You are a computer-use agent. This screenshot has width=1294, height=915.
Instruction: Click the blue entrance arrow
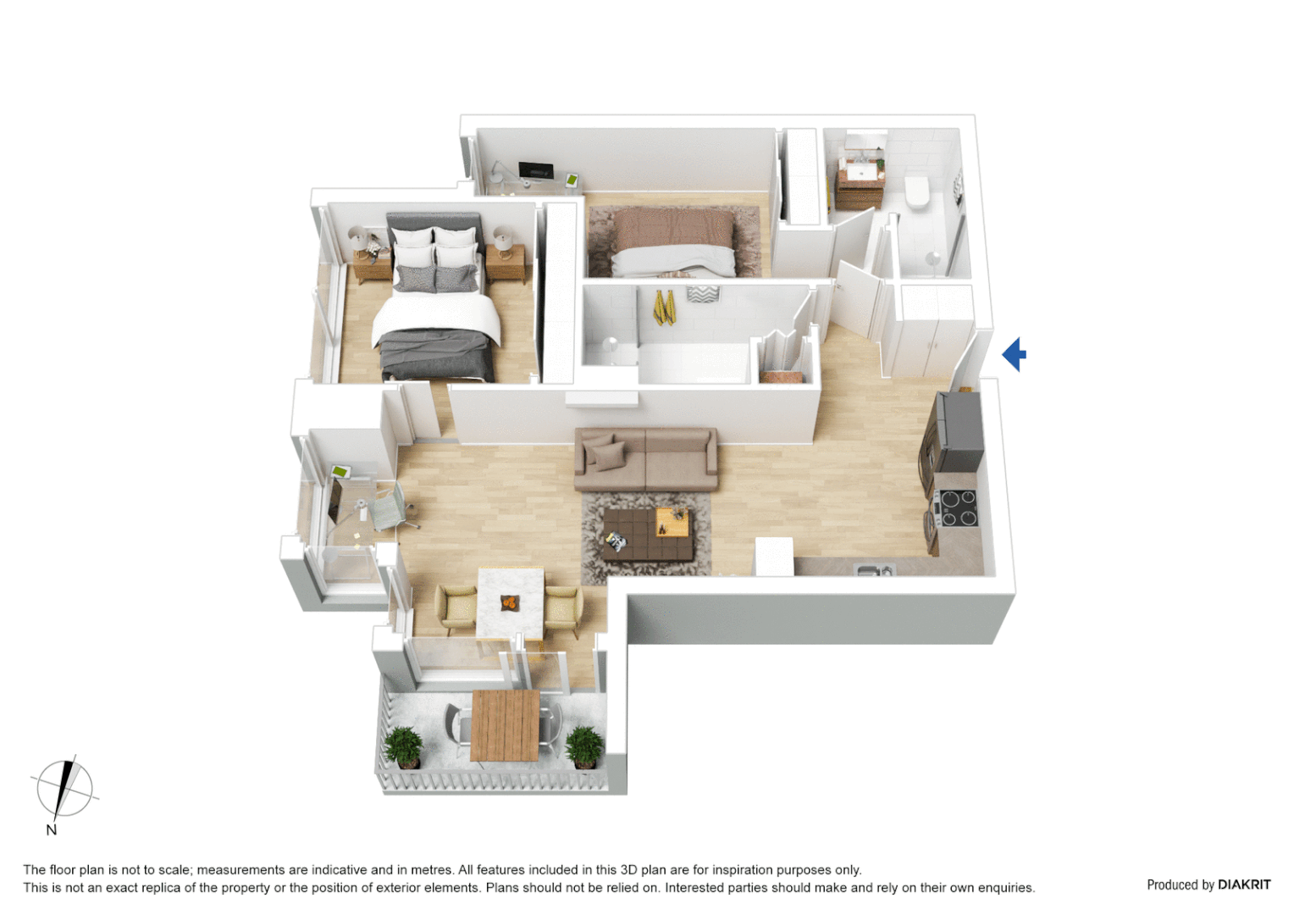coord(1015,354)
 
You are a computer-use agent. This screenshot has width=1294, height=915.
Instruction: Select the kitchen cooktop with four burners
coord(958,508)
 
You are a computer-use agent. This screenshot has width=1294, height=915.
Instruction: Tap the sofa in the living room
coord(645,459)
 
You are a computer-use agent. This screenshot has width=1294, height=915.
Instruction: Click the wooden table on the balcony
coord(505,725)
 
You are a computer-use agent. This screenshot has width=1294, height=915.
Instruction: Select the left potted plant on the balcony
coord(404,746)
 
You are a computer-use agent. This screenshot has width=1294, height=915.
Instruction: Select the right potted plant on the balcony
coord(584,746)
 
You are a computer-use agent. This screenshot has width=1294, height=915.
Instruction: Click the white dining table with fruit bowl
coord(510,602)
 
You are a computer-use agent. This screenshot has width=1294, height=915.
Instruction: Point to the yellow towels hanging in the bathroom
coord(664,308)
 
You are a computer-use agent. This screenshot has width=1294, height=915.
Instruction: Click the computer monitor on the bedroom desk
coord(535,170)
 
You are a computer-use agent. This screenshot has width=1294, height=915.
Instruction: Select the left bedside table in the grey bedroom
coord(372,265)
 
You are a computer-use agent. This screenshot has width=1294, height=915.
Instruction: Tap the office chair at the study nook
coord(391,507)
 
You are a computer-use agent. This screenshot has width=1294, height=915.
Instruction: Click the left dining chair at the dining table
coord(456,607)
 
